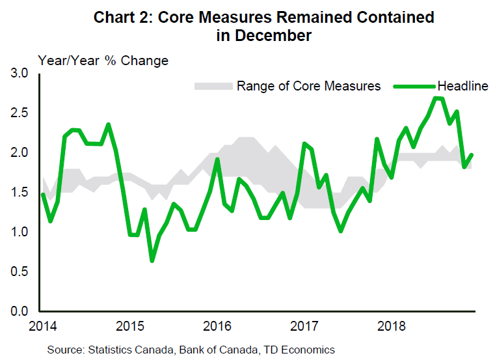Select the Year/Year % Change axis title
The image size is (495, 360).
coord(103,61)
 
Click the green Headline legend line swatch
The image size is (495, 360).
coord(416,86)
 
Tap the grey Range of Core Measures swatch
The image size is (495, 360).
coord(213,86)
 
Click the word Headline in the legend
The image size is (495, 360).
coord(462,86)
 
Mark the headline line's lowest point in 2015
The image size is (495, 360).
coord(152,260)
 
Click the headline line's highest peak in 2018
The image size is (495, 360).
coord(436,98)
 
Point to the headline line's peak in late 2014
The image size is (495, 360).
coord(108,124)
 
